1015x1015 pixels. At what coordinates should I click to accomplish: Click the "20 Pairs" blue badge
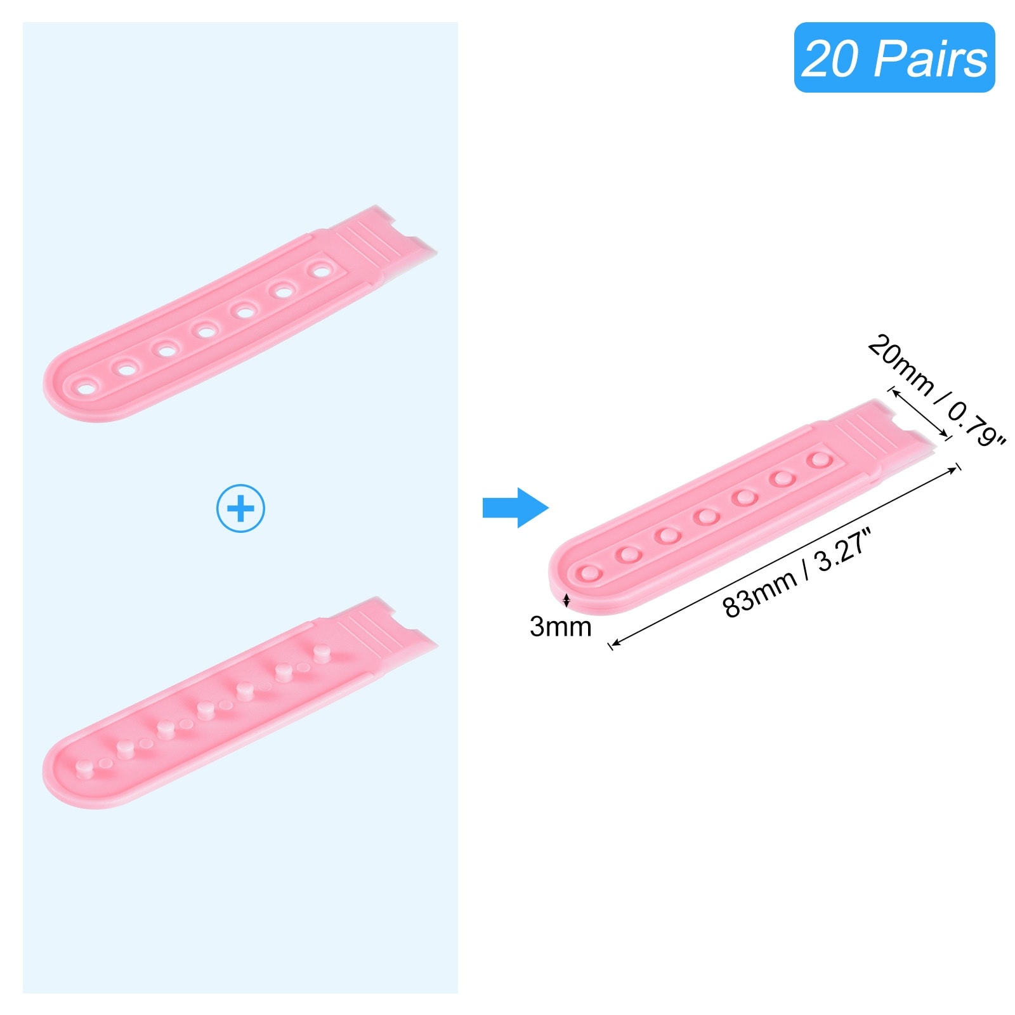[x=894, y=57]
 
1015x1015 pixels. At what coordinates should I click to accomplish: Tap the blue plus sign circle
[x=240, y=508]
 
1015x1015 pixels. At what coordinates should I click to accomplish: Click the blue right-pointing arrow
[x=515, y=507]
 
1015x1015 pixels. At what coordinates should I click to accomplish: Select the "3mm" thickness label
[x=560, y=627]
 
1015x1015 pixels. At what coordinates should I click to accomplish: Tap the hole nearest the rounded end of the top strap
[x=85, y=385]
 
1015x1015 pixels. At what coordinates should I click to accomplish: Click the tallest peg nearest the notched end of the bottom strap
[x=321, y=653]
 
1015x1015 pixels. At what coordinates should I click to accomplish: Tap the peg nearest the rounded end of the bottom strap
[x=82, y=769]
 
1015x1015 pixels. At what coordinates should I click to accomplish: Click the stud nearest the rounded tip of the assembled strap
[x=589, y=573]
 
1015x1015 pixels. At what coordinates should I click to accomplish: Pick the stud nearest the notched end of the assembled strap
[x=820, y=459]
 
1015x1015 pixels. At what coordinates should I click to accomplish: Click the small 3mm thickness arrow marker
[x=566, y=599]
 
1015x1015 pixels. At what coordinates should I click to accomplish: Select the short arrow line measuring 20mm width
[x=920, y=413]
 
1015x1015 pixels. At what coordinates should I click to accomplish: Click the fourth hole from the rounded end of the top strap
[x=204, y=330]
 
